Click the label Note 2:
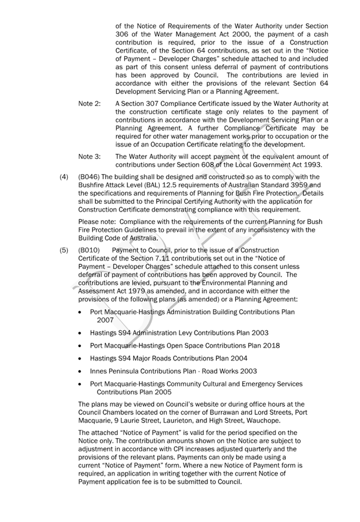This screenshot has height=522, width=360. pyautogui.click(x=89, y=104)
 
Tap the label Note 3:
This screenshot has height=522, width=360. pyautogui.click(x=89, y=157)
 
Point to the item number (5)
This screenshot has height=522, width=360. pyautogui.click(x=64, y=250)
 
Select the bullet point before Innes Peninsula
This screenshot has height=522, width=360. pyautogui.click(x=81, y=371)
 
